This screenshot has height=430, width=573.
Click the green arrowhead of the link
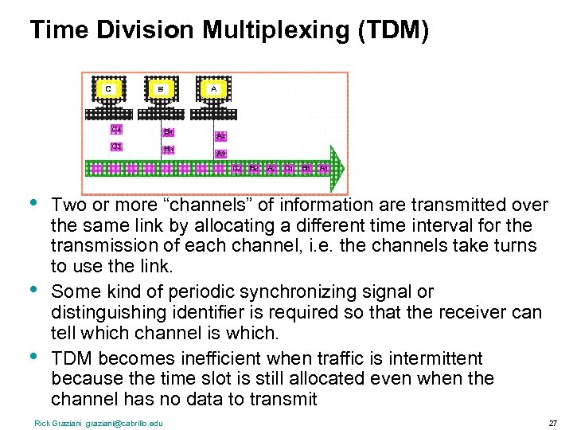(x=339, y=168)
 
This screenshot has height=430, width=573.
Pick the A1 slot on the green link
(x=324, y=169)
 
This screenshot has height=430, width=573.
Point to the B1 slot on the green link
(x=306, y=169)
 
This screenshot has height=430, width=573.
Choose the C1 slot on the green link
(x=289, y=169)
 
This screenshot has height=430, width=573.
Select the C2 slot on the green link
(x=237, y=169)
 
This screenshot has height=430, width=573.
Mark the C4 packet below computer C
(x=116, y=128)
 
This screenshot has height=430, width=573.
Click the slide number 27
(x=552, y=423)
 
